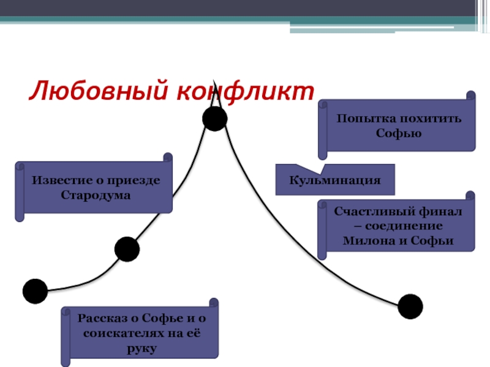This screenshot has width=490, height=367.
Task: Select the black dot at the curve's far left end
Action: [35, 291]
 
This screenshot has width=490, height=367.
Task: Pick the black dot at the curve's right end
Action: [410, 306]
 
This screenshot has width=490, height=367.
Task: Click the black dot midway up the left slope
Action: [127, 249]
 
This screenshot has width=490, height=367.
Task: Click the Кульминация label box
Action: [335, 180]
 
